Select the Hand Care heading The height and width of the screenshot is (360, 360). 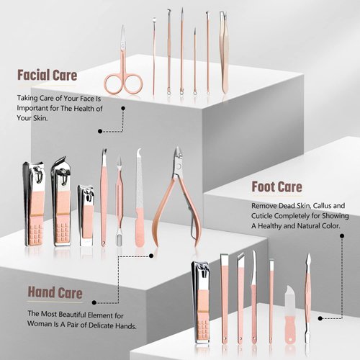pos(55,293)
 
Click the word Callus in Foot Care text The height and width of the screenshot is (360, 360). pos(312,205)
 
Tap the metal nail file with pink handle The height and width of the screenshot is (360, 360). pos(139,198)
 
